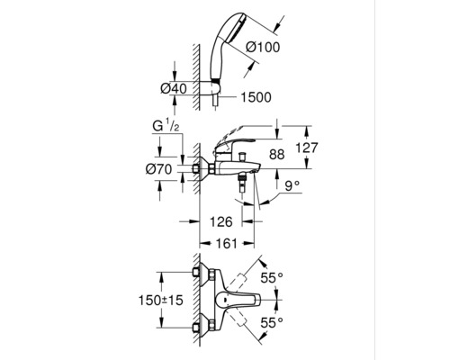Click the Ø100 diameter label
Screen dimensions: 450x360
click(x=263, y=47)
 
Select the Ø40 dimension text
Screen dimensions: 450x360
click(x=174, y=88)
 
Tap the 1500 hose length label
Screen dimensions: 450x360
click(x=256, y=97)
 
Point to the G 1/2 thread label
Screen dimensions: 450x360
click(x=166, y=126)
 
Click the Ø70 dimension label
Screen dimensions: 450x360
click(x=158, y=169)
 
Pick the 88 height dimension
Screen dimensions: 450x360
click(x=276, y=155)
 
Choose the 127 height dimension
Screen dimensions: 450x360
click(x=306, y=148)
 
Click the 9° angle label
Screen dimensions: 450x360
click(x=292, y=186)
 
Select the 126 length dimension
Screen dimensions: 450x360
click(x=220, y=221)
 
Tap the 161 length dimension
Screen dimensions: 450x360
click(x=226, y=243)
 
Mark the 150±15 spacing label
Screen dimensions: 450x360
click(x=160, y=300)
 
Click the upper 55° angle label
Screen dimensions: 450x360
click(x=272, y=278)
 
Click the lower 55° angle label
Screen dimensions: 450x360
click(x=272, y=323)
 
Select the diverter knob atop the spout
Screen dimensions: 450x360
click(x=241, y=157)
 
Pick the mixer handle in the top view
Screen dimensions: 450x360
click(x=238, y=300)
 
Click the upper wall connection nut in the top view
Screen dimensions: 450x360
click(x=196, y=273)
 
